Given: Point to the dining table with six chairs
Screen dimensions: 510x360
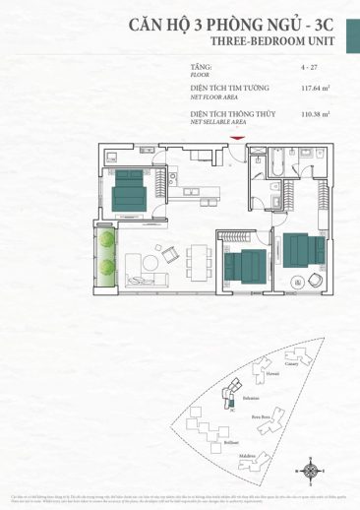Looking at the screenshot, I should click(199, 259).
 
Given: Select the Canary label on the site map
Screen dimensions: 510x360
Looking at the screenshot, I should click(293, 361).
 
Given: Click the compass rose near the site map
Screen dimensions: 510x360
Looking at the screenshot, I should click(311, 472).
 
